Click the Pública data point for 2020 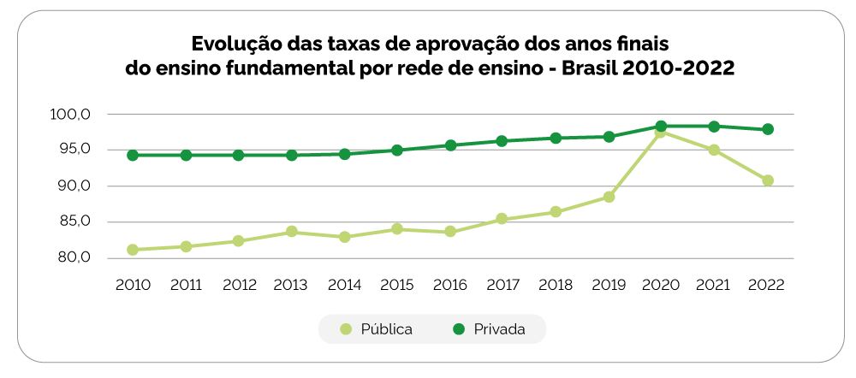(661, 132)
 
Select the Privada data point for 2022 (768, 129)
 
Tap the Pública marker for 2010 (133, 250)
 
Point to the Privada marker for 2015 (397, 151)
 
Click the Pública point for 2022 (768, 180)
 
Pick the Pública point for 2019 (609, 197)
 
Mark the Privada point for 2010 (133, 156)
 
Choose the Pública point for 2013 (292, 232)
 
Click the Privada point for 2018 (556, 139)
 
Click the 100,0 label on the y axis (71, 115)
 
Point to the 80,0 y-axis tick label (73, 258)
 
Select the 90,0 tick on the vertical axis (73, 186)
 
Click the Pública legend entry (377, 329)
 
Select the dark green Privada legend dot (457, 329)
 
